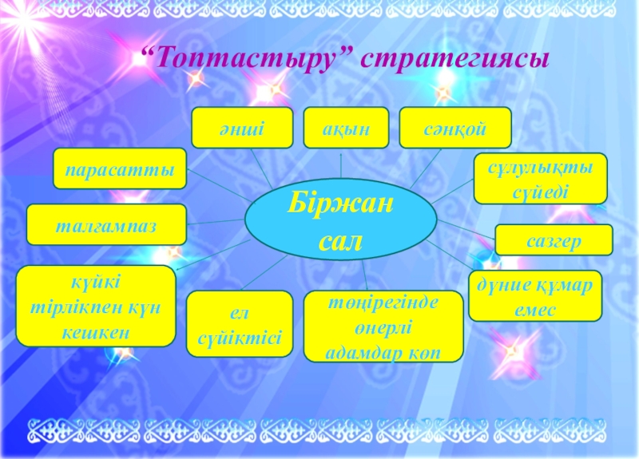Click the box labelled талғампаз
(x=106, y=224)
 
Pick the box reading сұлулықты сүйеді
(x=540, y=179)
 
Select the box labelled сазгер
(x=554, y=239)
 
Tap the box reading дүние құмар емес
(x=534, y=295)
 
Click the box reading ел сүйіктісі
(x=240, y=323)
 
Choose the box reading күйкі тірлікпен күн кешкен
(x=96, y=306)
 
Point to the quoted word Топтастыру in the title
(x=247, y=60)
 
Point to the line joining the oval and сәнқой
(x=422, y=170)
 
